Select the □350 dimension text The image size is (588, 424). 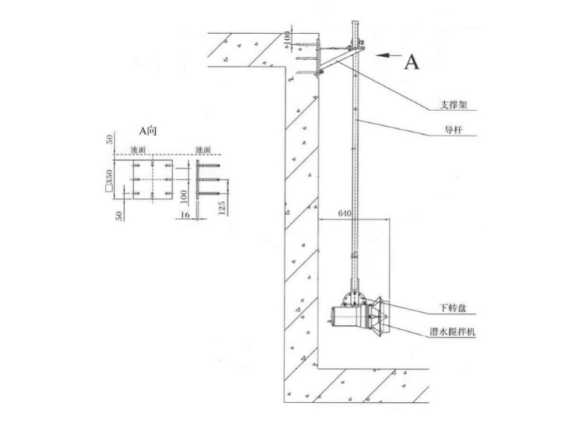109,180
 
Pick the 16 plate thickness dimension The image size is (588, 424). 186,214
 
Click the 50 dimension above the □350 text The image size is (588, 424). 110,140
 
